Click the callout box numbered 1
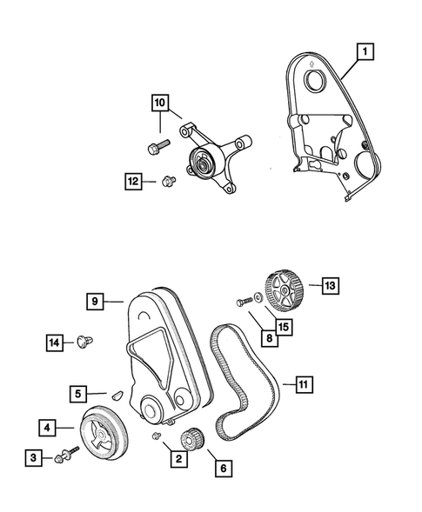[368, 53]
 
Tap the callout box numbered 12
[132, 181]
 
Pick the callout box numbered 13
[331, 284]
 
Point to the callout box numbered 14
[56, 343]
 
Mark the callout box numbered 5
[77, 394]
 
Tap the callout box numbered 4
[49, 427]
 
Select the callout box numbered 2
[178, 458]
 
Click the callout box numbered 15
[283, 327]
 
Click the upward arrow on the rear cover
[312, 62]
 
